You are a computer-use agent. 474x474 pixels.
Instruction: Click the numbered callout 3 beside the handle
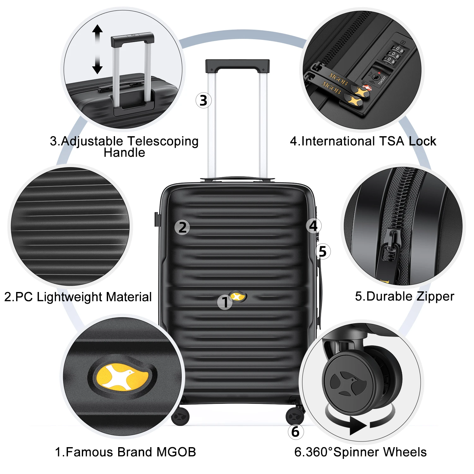[204, 100]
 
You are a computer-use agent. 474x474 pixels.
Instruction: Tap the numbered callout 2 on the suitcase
[182, 228]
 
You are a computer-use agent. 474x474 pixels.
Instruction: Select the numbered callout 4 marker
[313, 226]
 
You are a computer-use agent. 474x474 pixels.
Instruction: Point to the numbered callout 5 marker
[323, 252]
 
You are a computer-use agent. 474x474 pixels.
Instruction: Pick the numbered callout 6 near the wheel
[295, 432]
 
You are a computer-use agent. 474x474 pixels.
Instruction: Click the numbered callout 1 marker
[225, 302]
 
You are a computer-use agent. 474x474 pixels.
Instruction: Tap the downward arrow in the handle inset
[97, 68]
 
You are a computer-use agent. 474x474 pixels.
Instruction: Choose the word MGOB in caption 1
[176, 452]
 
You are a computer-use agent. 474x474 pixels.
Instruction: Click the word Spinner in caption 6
[354, 452]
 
